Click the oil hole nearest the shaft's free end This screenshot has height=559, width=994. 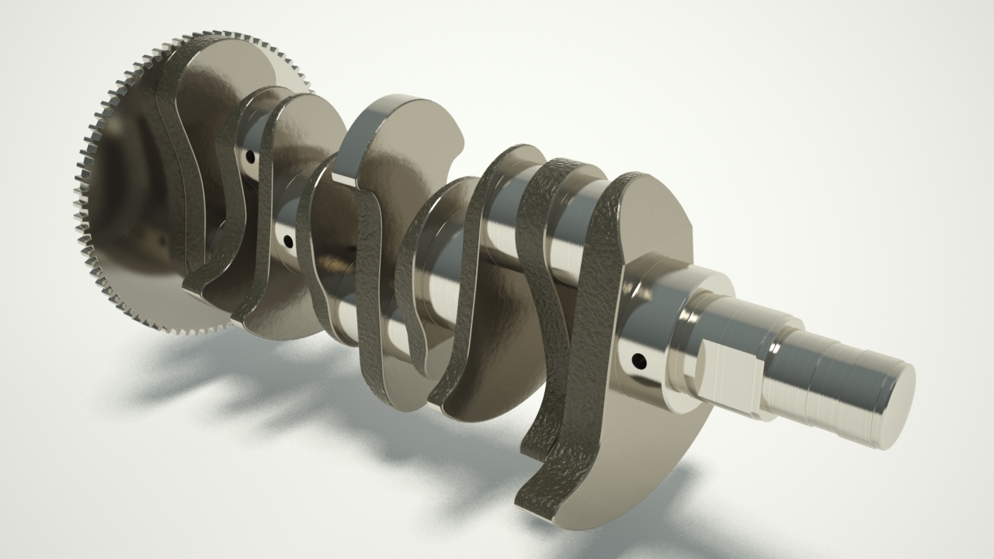click(638, 360)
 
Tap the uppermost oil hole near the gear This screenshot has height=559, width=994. click(249, 156)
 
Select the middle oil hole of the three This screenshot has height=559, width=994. click(288, 241)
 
